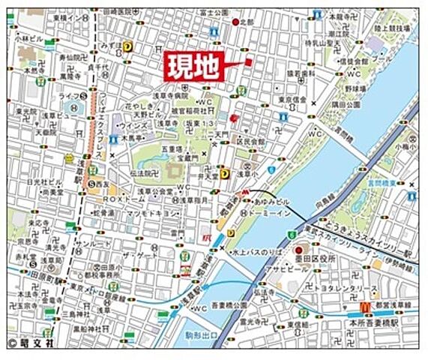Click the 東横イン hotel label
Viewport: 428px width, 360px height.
[x=70, y=14]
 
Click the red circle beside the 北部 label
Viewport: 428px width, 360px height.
[x=235, y=20]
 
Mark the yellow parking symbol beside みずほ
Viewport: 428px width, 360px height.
[x=127, y=46]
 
